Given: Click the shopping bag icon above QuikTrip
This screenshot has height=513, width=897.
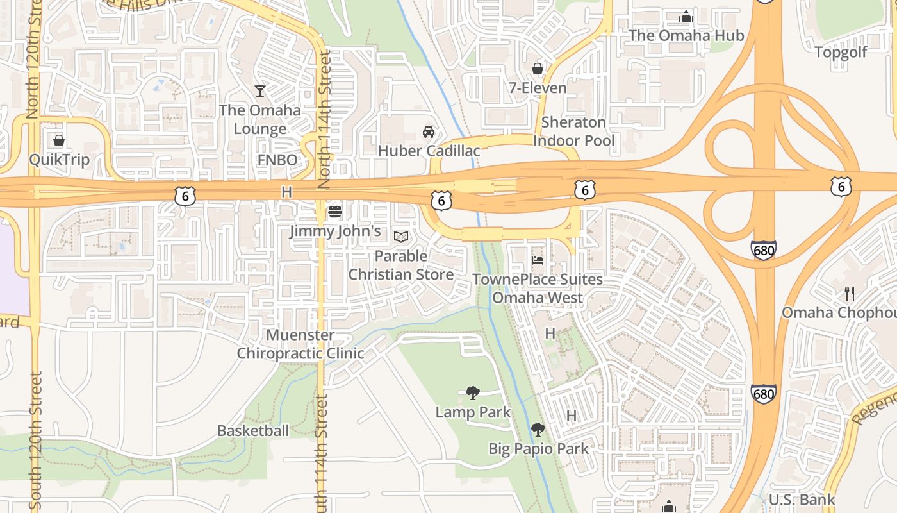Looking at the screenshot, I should coord(59,140).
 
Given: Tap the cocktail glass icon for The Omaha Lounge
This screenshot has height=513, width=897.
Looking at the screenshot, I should coord(259,90).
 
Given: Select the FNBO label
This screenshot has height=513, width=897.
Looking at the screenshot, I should coord(277,159).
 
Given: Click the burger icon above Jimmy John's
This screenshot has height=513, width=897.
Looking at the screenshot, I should coord(334,211).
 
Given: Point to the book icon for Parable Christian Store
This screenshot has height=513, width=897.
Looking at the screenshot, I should coord(401,237).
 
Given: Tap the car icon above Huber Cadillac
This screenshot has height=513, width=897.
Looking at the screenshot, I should coord(429,132).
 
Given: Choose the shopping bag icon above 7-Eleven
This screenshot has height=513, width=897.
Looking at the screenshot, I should coord(538,68).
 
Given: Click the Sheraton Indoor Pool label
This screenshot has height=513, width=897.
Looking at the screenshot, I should coord(573,131).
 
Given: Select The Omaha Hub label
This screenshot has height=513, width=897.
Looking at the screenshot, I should coord(686,35).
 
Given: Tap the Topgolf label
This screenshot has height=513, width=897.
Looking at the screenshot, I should coord(841,52).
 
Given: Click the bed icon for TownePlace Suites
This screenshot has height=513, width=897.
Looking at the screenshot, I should coord(538,260).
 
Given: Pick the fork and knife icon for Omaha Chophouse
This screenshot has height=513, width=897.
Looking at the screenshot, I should coord(850,294).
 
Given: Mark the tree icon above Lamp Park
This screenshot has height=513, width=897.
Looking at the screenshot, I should coord(473,392).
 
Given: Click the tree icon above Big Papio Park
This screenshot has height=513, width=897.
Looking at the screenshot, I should coord(538,429).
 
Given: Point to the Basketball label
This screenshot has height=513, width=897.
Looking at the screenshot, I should coord(252,431).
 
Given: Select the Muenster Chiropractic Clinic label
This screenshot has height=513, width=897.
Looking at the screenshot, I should coord(300,344).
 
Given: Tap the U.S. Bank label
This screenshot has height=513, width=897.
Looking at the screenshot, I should coord(802,500).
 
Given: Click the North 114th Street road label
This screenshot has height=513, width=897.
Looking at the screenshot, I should coord(325,120).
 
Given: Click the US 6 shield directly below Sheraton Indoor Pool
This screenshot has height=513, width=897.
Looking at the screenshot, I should coord(584,189).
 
